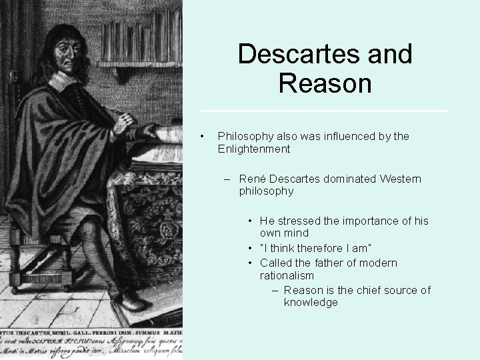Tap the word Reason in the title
(325, 83)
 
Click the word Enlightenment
(253, 149)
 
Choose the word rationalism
(287, 275)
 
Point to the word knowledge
(311, 302)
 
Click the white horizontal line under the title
(324, 111)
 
